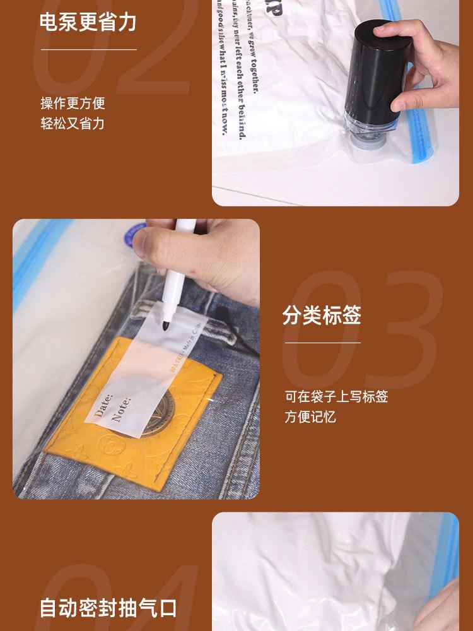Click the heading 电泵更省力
pos(88,22)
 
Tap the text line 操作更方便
pos(73,103)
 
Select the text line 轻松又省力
pos(73,123)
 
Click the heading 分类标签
pos(322,315)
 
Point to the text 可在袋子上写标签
pos(336,396)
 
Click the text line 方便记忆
pos(310,416)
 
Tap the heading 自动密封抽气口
pos(108,608)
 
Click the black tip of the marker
pos(166,325)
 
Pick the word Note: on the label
pos(120,409)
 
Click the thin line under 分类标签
pos(322,343)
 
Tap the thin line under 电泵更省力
pos(88,49)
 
